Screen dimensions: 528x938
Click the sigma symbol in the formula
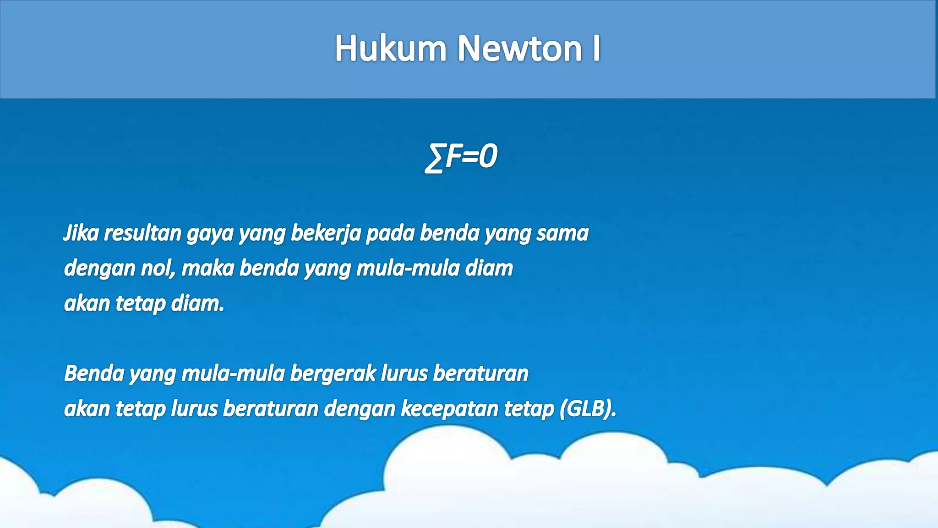pos(434,158)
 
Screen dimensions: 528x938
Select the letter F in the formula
pos(453,156)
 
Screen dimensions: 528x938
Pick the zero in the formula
pos(489,156)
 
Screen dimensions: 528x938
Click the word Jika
pos(81,233)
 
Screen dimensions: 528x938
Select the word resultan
pos(142,233)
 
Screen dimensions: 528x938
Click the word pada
pos(390,233)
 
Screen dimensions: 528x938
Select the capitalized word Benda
pos(94,374)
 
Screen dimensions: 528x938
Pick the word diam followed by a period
pos(197,303)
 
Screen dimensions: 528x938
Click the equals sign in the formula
pos(470,156)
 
